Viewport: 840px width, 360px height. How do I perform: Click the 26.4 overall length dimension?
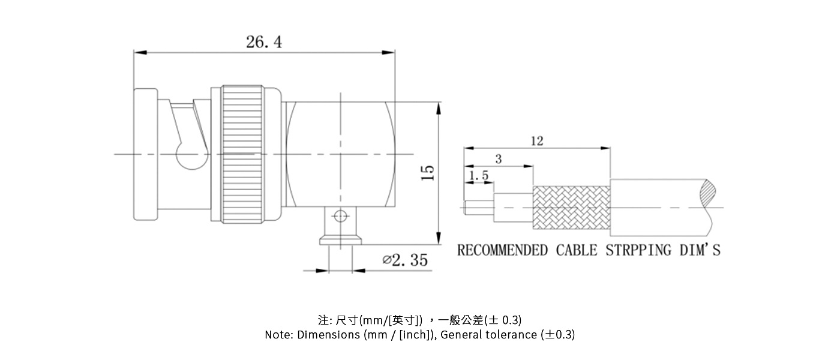tap(263, 42)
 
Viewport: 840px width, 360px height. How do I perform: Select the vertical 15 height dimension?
tap(427, 172)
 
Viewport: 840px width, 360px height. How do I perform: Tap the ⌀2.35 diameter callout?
tap(405, 260)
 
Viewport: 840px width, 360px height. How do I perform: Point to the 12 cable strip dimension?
tap(536, 140)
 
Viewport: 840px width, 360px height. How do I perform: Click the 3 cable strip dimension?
tap(498, 159)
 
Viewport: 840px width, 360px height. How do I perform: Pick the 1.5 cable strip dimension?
tap(478, 175)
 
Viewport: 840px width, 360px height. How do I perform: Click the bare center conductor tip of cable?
tap(479, 208)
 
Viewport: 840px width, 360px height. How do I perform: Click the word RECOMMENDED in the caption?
tap(502, 250)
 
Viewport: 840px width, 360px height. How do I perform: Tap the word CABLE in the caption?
tap(576, 250)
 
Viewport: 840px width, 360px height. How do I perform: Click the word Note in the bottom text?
tap(278, 335)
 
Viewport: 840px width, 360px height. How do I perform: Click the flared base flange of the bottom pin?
tap(340, 240)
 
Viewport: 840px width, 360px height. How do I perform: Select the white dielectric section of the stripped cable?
tap(513, 208)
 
